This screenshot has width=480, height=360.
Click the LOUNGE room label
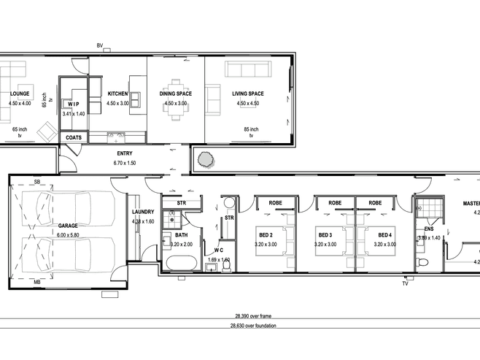tap(20, 94)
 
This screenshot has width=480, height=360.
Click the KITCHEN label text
tap(117, 94)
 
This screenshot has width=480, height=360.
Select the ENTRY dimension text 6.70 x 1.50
tap(125, 164)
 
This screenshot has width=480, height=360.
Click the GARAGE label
tap(68, 226)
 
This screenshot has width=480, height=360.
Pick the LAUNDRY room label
tap(142, 212)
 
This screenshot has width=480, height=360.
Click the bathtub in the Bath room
tap(182, 263)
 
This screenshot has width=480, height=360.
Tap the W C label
tap(218, 250)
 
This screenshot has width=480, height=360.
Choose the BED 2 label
tap(266, 234)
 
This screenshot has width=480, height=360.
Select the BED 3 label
tap(325, 234)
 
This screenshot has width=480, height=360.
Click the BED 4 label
tap(376, 234)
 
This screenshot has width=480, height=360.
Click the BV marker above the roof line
tap(100, 47)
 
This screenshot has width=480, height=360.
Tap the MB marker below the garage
tap(36, 281)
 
